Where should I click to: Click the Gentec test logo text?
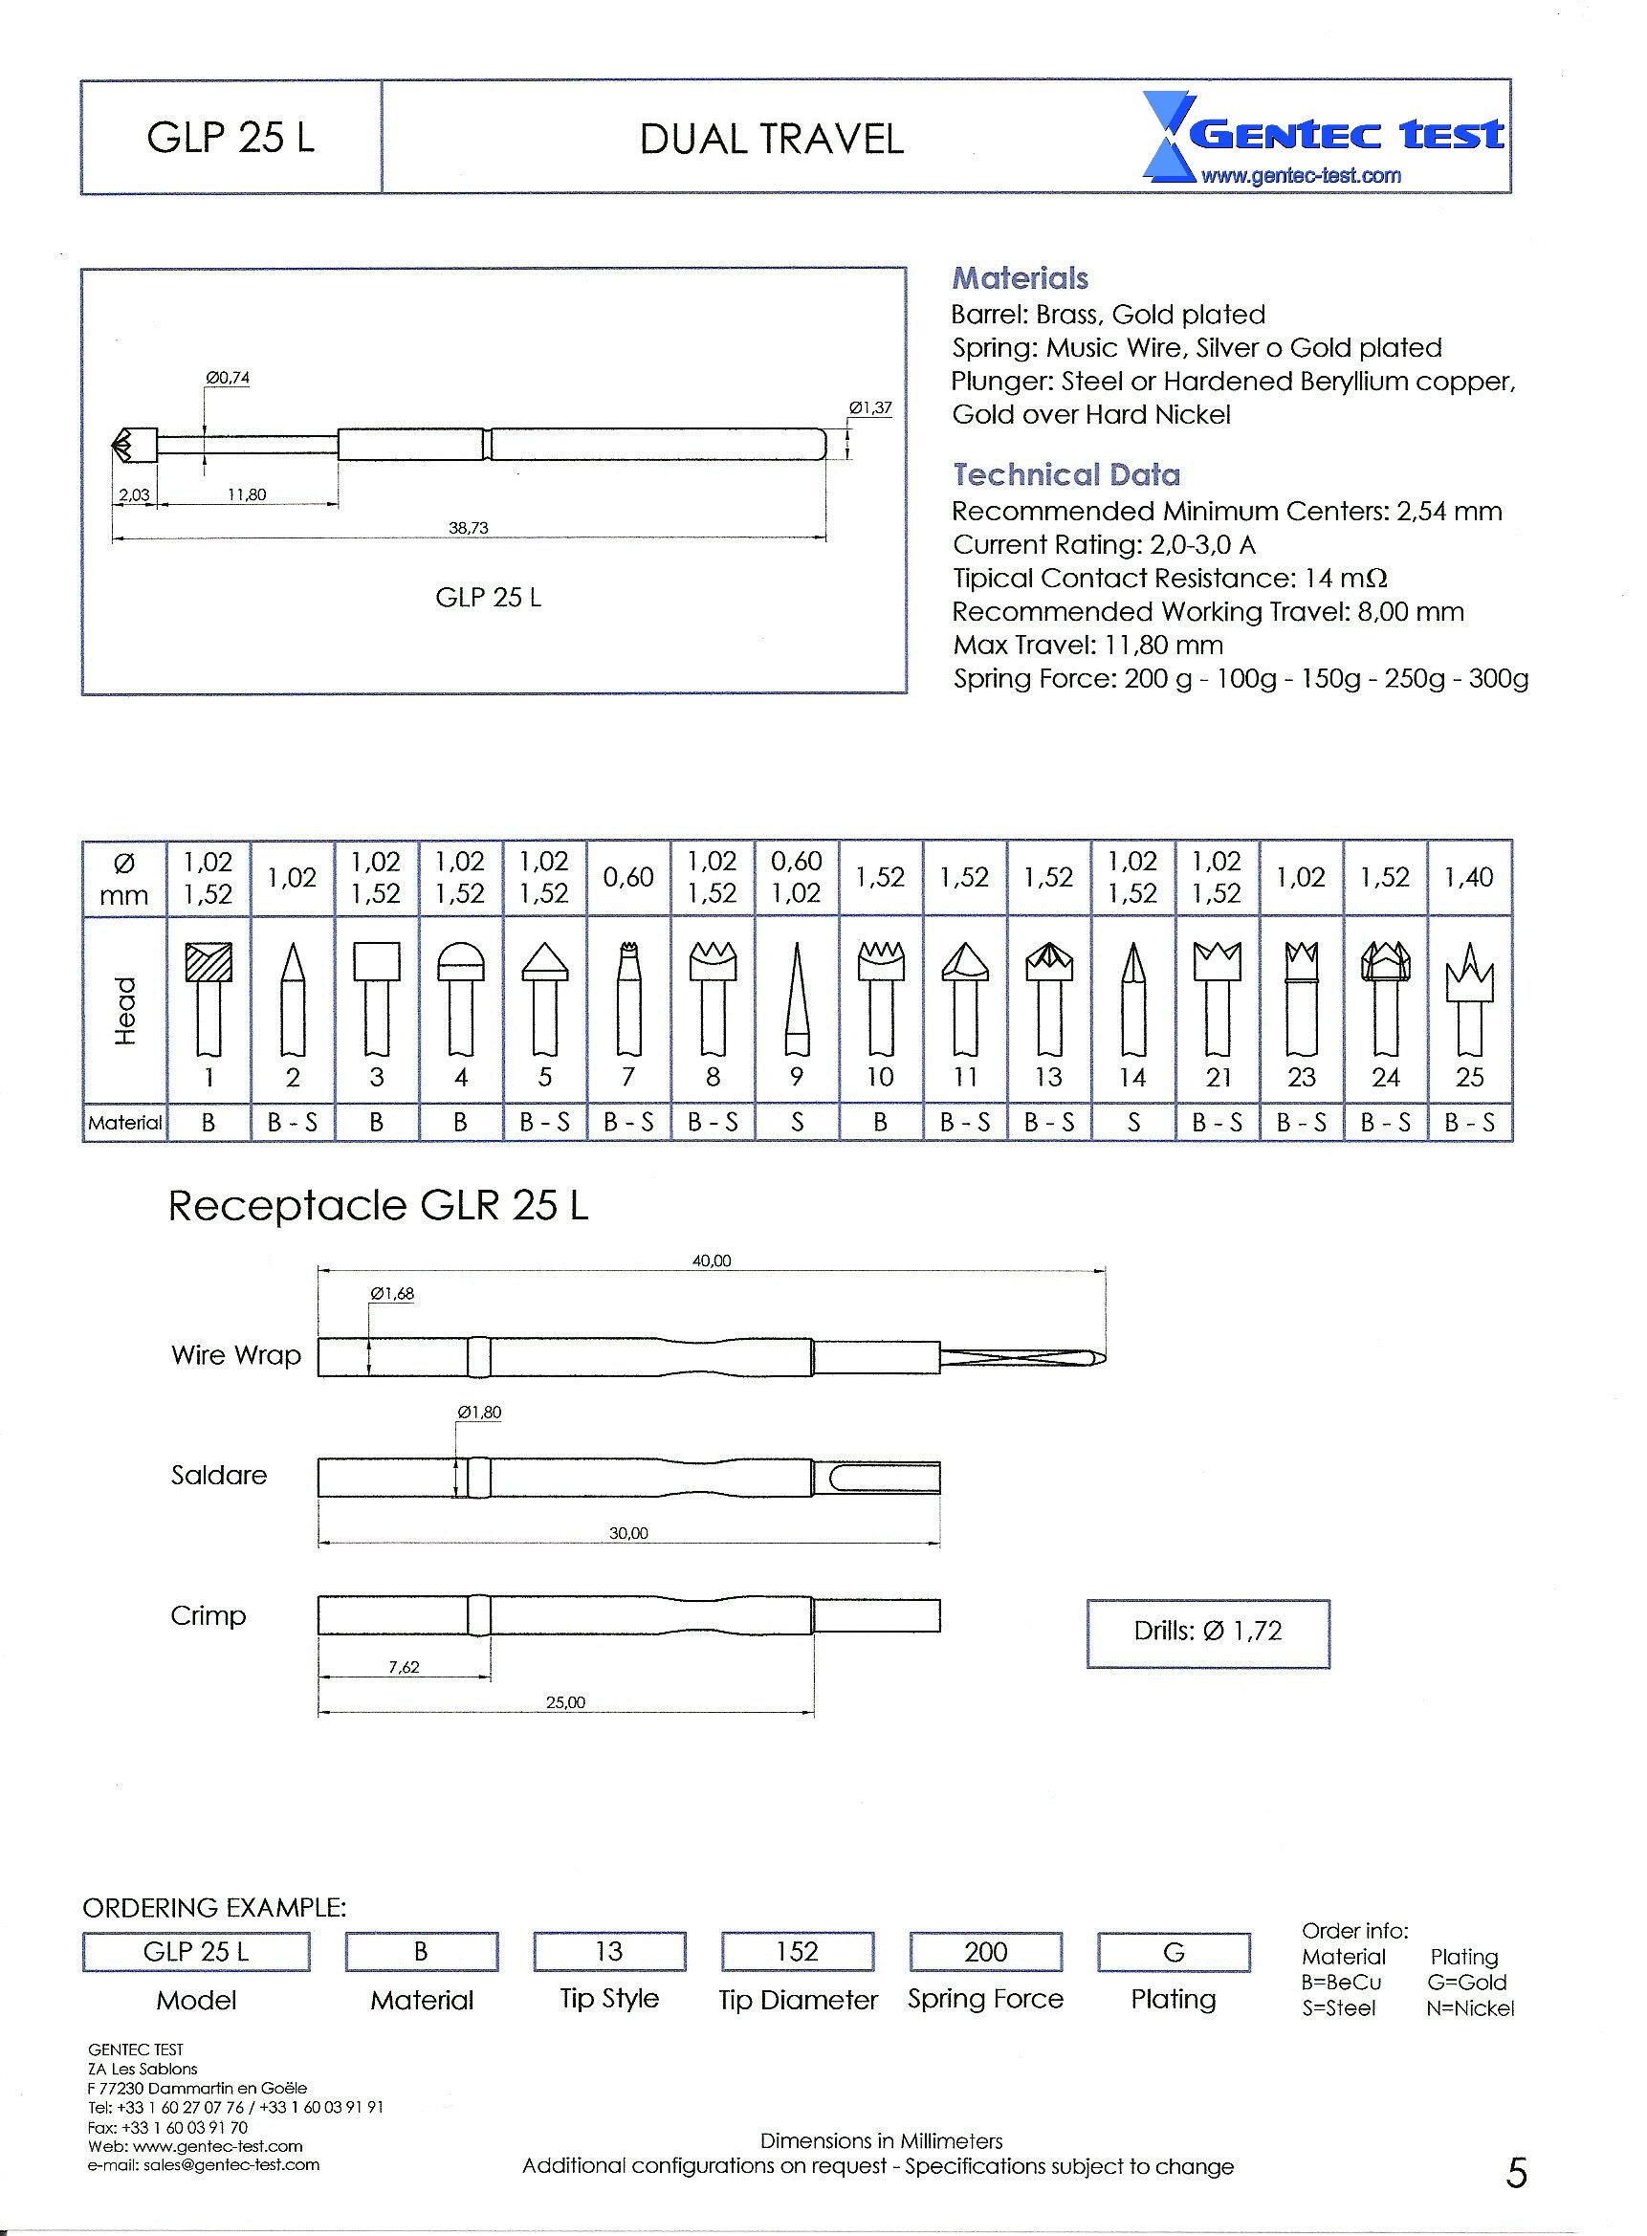pos(1346,134)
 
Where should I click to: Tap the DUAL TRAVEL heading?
pos(771,139)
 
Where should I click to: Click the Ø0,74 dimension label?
pos(228,378)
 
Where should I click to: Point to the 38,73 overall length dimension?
pos(469,527)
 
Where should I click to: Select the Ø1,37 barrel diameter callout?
pos(870,406)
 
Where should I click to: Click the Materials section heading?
pos(1019,278)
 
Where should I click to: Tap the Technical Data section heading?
pos(1065,474)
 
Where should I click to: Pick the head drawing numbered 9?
pos(796,997)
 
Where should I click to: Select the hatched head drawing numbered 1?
pos(209,997)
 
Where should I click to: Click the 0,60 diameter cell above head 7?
pos(628,877)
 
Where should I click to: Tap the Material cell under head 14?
pos(1132,1123)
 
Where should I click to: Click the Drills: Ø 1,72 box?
pos(1207,1631)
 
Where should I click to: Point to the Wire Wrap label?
pos(236,1355)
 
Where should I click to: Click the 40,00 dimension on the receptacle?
pos(712,1261)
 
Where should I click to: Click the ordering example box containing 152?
pos(797,1951)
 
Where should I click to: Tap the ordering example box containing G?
pos(1174,1951)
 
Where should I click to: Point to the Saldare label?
pos(219,1475)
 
